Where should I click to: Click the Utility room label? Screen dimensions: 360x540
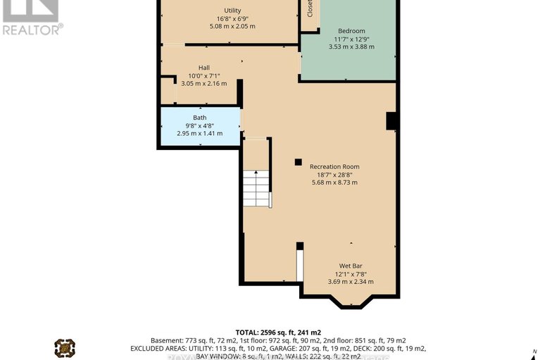click(x=232, y=9)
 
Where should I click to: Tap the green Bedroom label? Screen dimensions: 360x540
click(x=351, y=30)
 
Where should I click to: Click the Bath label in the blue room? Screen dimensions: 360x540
click(x=200, y=118)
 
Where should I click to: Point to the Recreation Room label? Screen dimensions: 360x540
click(x=334, y=166)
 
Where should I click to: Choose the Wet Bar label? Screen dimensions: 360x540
click(x=350, y=266)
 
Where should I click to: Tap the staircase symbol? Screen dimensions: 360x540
click(x=256, y=188)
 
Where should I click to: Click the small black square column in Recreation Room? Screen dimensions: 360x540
click(x=299, y=161)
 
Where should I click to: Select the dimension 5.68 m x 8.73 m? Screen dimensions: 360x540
click(x=334, y=182)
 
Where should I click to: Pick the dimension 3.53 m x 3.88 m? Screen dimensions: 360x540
click(x=351, y=46)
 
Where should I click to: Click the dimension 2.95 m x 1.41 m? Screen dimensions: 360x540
click(x=199, y=133)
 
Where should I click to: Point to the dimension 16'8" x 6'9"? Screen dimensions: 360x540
click(x=232, y=18)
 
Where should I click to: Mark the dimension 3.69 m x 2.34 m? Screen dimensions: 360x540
click(x=350, y=282)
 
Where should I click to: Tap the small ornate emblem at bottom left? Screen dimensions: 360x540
click(x=65, y=347)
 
